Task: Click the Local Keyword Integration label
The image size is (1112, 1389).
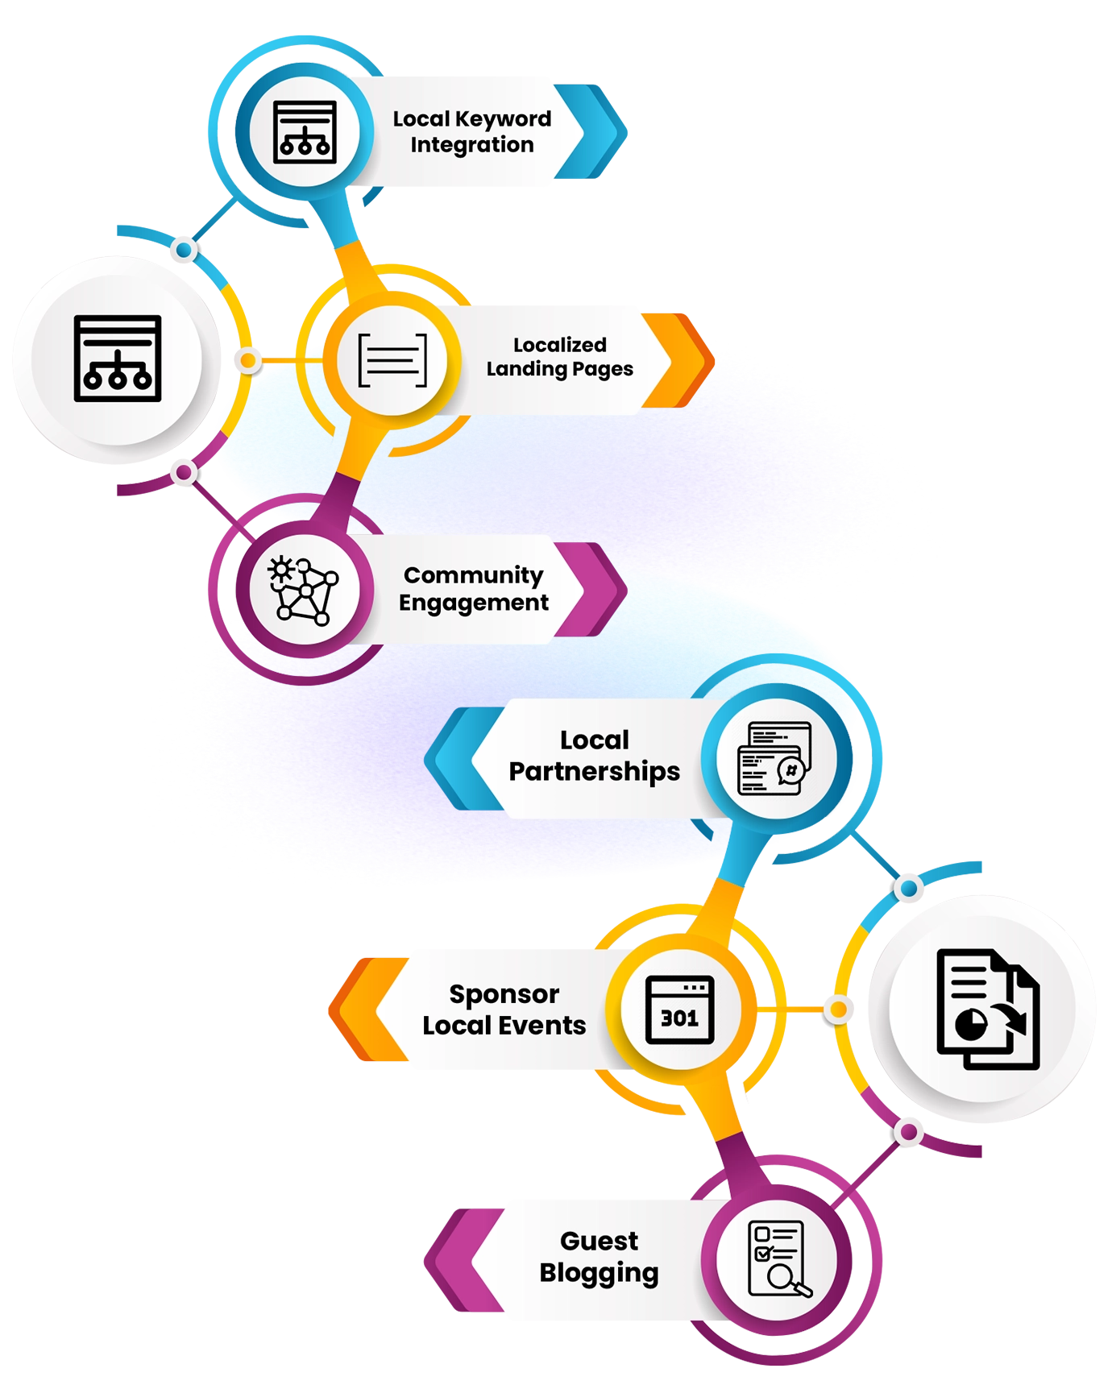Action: tap(472, 131)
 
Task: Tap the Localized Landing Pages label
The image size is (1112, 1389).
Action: tap(559, 357)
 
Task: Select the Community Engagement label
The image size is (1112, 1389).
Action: tap(473, 589)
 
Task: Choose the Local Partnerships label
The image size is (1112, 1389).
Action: tap(595, 756)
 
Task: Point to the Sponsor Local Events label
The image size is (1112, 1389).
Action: tap(504, 1010)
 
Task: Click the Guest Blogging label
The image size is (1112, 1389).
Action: tap(599, 1256)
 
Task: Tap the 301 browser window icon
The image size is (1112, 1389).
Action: tap(679, 1010)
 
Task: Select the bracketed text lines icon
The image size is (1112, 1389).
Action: tap(392, 359)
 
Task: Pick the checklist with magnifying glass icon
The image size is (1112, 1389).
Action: tap(778, 1259)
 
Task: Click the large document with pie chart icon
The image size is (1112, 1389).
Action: tap(988, 1010)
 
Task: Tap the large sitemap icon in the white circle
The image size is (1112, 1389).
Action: tap(118, 359)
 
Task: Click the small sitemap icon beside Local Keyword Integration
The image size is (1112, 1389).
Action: tap(305, 131)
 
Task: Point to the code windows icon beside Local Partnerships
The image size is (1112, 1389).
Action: tap(774, 758)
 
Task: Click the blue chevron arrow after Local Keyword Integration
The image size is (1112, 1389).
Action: tap(598, 131)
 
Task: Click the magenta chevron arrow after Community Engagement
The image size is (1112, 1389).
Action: tap(595, 589)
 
